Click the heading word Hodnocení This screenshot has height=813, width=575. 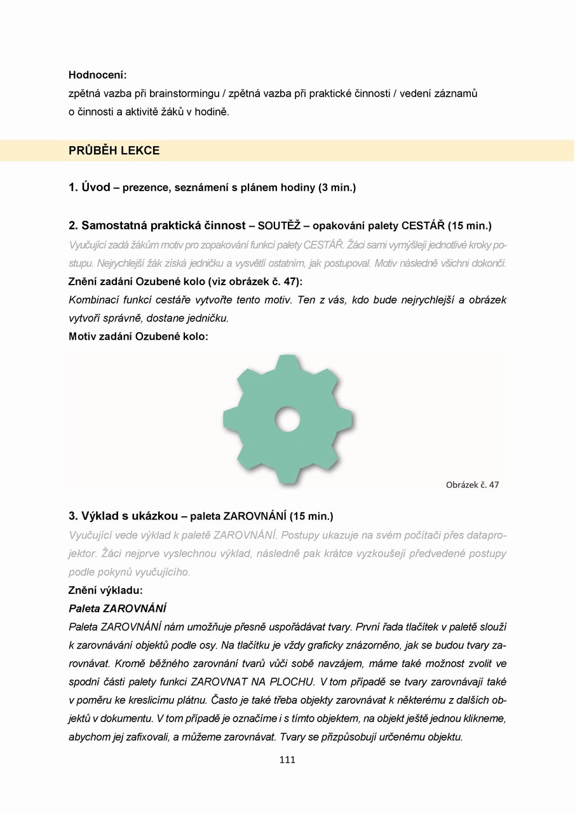(x=97, y=75)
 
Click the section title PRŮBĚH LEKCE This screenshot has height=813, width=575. (x=114, y=151)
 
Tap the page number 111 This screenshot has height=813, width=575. (x=287, y=760)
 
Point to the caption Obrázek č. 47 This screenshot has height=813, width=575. (x=472, y=485)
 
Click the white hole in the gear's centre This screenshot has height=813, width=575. (x=288, y=420)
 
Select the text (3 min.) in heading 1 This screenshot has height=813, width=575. (x=337, y=188)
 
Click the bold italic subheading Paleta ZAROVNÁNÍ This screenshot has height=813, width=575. (x=118, y=608)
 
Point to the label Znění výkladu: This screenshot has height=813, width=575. (x=105, y=590)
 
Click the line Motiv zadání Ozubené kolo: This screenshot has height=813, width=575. (x=139, y=337)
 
